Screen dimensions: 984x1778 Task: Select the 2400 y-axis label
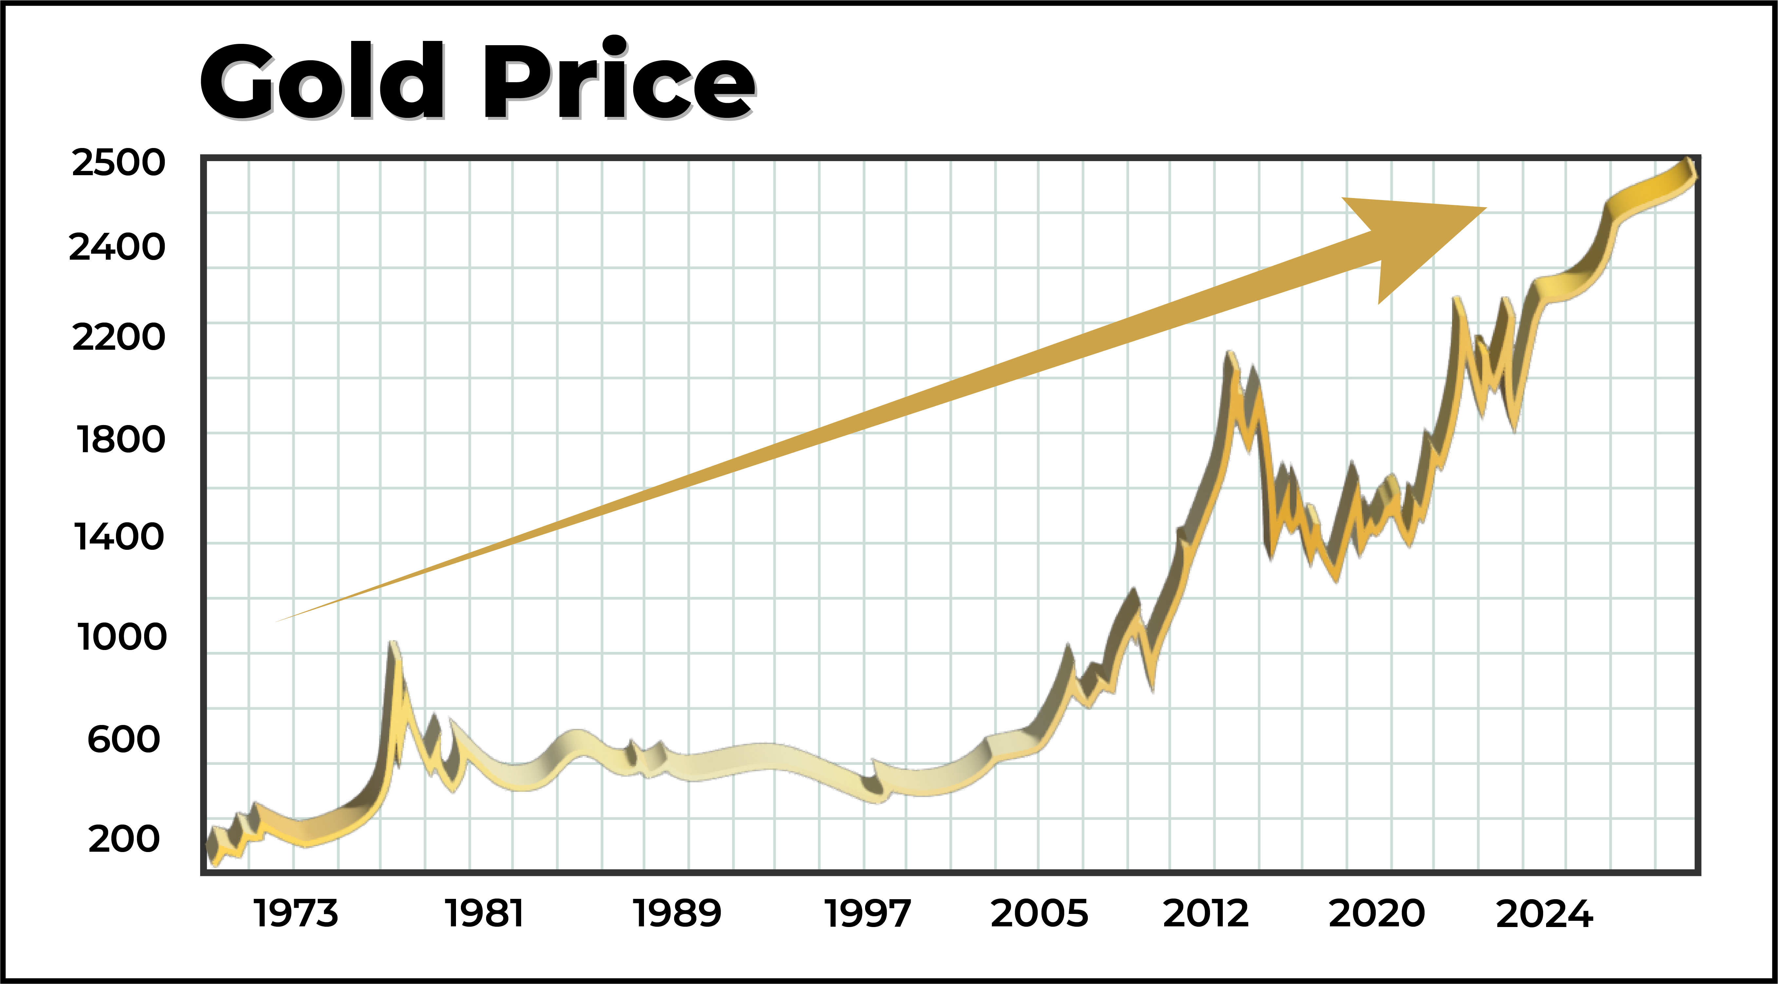[117, 247]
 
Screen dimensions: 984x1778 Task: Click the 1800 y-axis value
[121, 439]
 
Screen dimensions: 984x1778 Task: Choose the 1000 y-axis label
[122, 636]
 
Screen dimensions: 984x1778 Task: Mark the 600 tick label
[123, 739]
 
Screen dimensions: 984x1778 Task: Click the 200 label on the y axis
[123, 839]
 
